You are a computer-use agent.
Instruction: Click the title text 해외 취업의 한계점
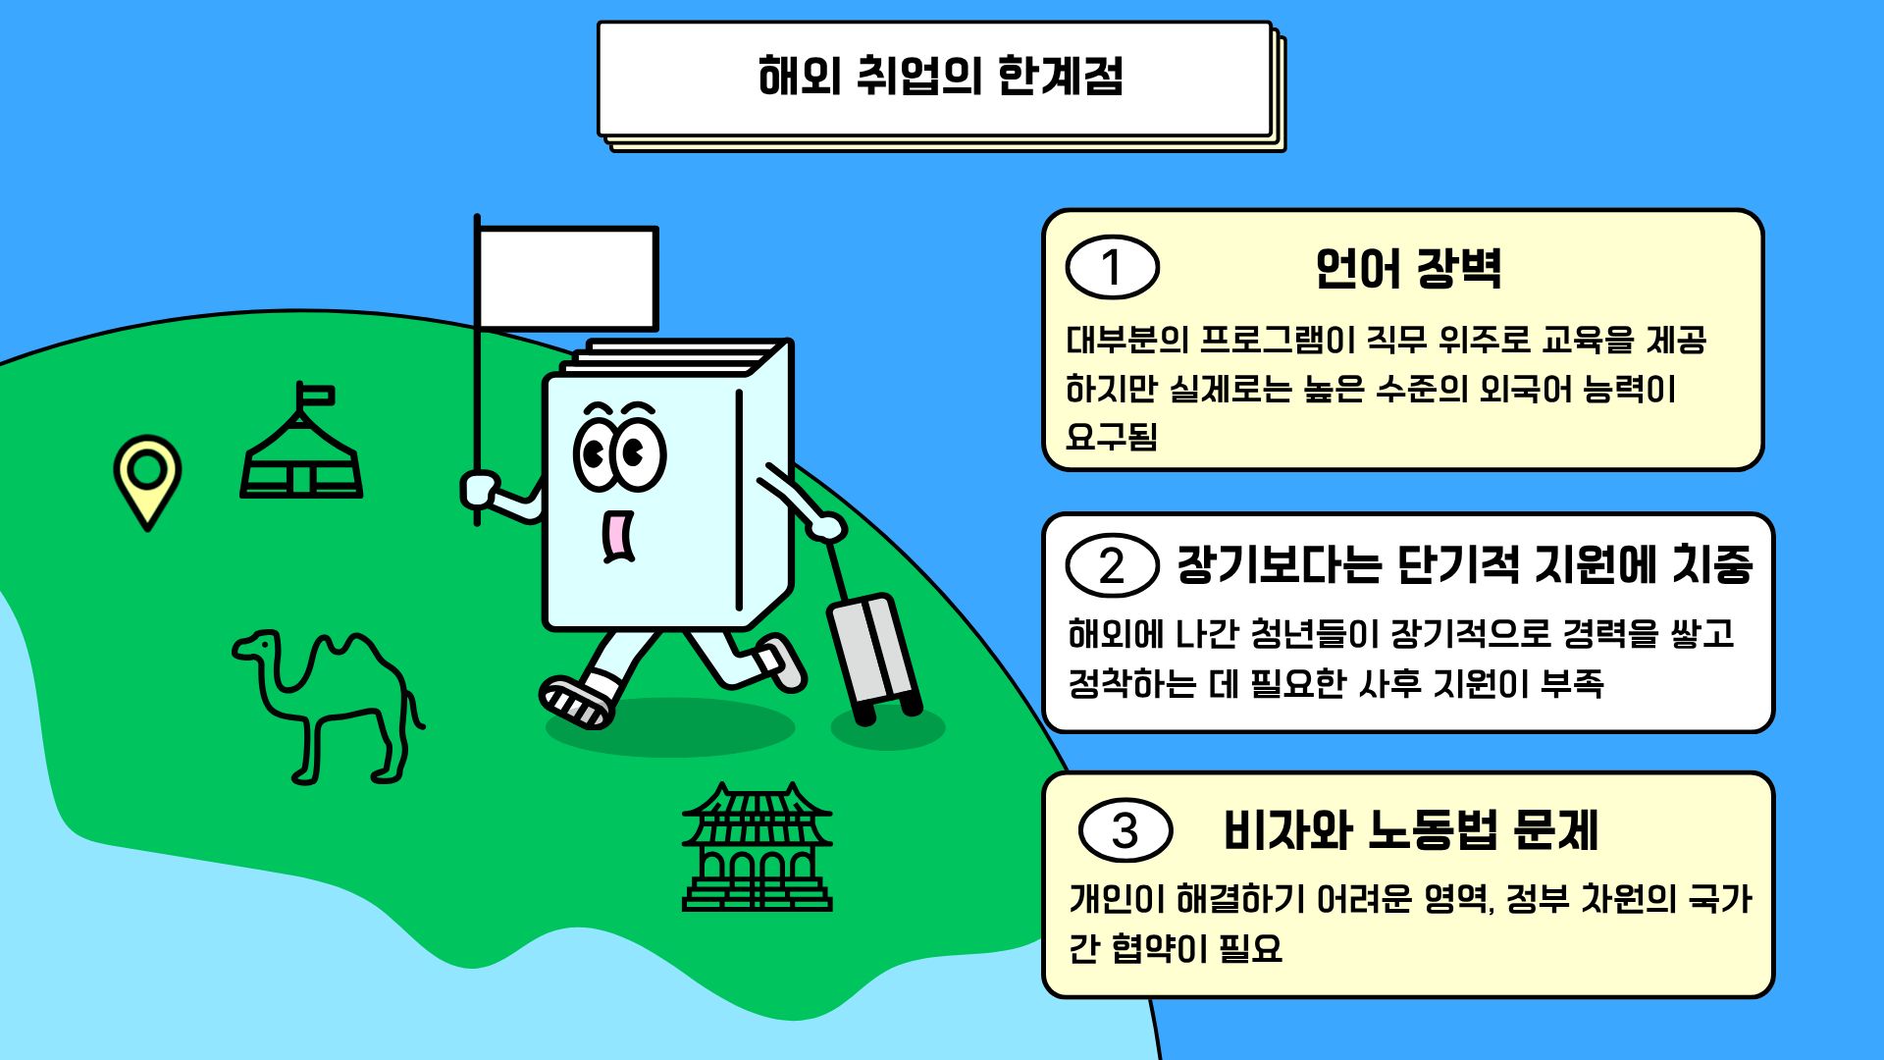pyautogui.click(x=940, y=77)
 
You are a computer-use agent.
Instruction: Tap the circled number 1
pyautogui.click(x=1112, y=267)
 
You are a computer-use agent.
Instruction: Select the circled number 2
pyautogui.click(x=1112, y=565)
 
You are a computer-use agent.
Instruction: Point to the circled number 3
pyautogui.click(x=1125, y=830)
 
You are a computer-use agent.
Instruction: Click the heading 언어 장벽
pyautogui.click(x=1408, y=268)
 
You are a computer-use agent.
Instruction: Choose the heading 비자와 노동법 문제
pyautogui.click(x=1410, y=830)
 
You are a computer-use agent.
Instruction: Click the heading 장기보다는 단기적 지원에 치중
pyautogui.click(x=1464, y=565)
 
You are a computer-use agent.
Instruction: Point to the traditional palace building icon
pyautogui.click(x=757, y=849)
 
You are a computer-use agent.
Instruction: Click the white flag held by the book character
pyautogui.click(x=567, y=279)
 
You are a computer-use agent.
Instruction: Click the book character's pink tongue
pyautogui.click(x=616, y=536)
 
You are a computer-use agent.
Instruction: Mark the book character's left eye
pyautogui.click(x=595, y=453)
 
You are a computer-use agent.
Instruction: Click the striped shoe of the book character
pyautogui.click(x=577, y=701)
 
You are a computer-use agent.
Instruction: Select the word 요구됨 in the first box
pyautogui.click(x=1112, y=437)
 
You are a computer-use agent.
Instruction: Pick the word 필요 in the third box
pyautogui.click(x=1250, y=949)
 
